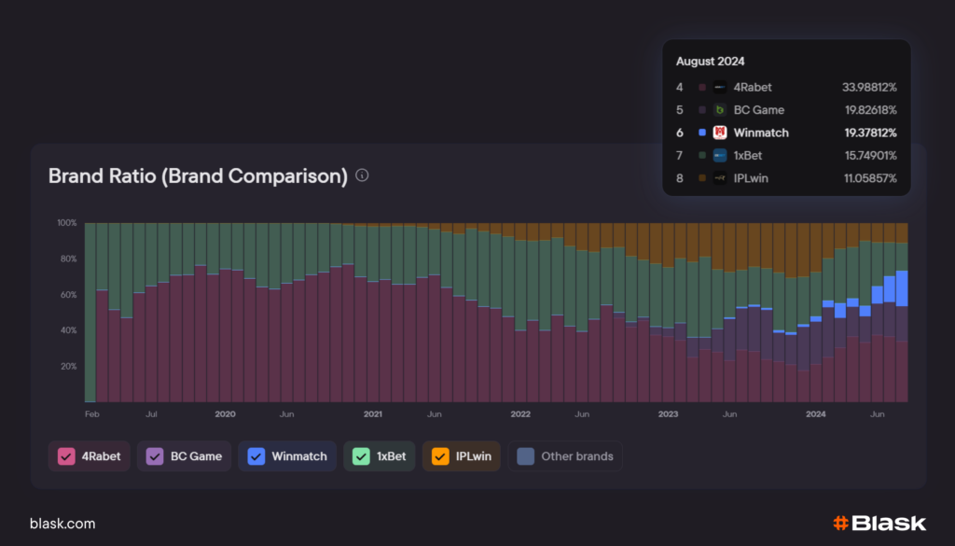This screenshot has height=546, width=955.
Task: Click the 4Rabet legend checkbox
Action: coord(66,456)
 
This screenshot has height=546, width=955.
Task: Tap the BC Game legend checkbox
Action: coord(154,456)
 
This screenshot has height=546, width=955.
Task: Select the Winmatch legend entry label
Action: coord(298,456)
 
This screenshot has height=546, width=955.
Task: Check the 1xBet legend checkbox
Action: coord(361,456)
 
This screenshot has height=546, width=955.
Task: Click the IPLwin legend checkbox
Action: coord(440,456)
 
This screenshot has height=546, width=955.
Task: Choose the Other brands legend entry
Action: coord(566,456)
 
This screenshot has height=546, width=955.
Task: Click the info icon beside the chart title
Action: coord(363,175)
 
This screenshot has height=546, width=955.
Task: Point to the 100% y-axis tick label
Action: coord(66,223)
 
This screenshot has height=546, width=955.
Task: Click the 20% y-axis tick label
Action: coord(68,366)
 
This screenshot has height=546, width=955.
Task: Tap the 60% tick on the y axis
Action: coord(68,295)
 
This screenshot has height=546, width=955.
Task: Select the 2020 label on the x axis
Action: coord(225,413)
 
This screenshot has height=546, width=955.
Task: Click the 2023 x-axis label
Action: coord(668,413)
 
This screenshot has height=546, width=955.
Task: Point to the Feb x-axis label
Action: coord(91,413)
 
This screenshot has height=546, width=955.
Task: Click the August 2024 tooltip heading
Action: coord(709,61)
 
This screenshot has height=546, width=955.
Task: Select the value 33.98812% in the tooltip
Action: coord(868,87)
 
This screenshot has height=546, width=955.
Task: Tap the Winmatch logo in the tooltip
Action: coord(720,133)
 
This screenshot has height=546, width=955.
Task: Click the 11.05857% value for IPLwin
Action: coord(868,177)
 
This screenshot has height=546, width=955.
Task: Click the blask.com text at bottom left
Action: coord(62,524)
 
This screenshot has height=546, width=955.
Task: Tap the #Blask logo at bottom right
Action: coord(879,524)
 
